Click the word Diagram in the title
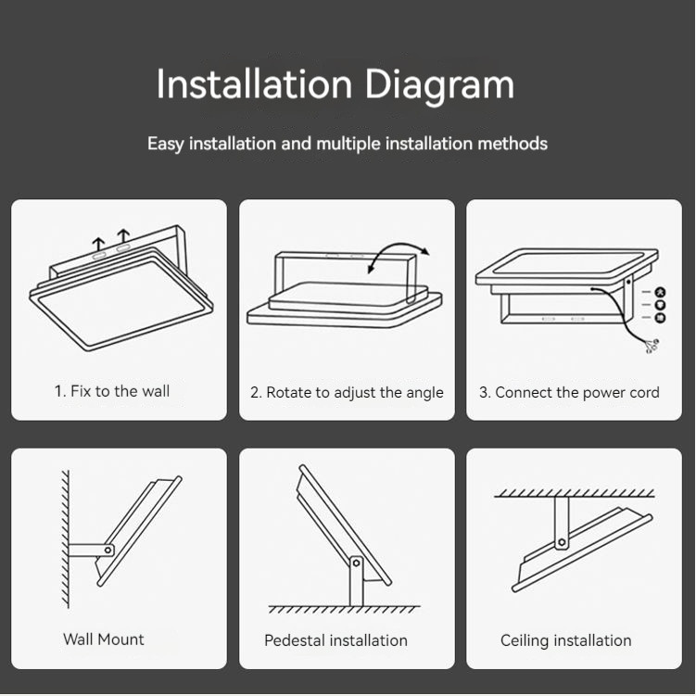click(439, 84)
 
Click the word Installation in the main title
click(254, 83)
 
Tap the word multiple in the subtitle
click(348, 144)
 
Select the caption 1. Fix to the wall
click(112, 391)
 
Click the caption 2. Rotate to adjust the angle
click(347, 393)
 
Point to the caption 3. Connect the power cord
click(569, 392)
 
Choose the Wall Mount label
click(104, 639)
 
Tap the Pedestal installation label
click(335, 640)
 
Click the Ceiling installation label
click(565, 641)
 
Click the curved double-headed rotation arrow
click(399, 245)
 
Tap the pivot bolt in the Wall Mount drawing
click(108, 550)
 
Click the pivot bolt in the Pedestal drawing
click(356, 563)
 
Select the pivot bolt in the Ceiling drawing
click(562, 542)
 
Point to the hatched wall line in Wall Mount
click(66, 538)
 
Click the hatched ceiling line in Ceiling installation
click(575, 493)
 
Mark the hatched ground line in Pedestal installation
click(344, 610)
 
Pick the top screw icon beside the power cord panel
click(661, 292)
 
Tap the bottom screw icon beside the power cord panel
click(661, 318)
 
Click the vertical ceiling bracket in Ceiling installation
click(562, 523)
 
